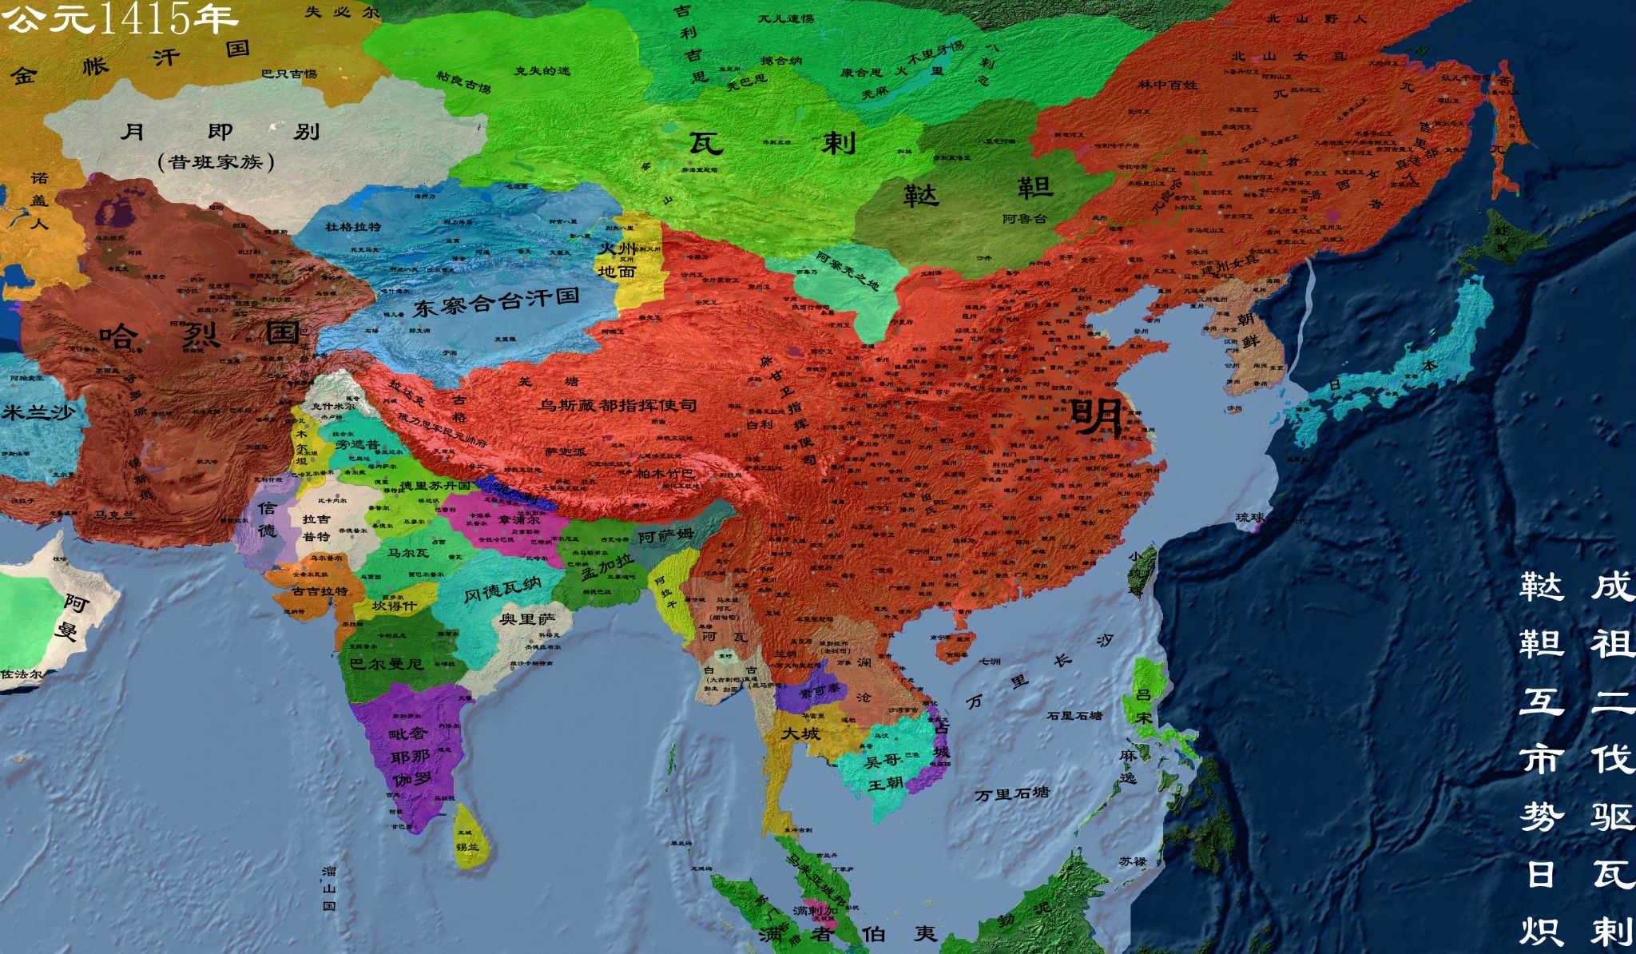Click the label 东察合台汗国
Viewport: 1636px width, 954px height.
tap(495, 302)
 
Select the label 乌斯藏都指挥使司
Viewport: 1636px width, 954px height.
tap(617, 405)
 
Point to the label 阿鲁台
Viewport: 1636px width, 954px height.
tap(1024, 218)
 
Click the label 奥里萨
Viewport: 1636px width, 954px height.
tap(527, 619)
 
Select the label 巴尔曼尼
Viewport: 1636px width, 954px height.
tap(386, 664)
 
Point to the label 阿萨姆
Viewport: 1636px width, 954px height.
tap(665, 536)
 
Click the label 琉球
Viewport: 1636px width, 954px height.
tap(1249, 518)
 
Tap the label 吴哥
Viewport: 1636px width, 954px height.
tap(882, 761)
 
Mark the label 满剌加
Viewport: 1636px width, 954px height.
tap(815, 910)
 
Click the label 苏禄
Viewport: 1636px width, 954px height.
tap(1133, 861)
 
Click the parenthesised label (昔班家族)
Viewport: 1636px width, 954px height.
tap(216, 162)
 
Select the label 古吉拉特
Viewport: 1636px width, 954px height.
tap(320, 591)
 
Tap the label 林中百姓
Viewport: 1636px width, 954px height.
tap(1167, 84)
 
